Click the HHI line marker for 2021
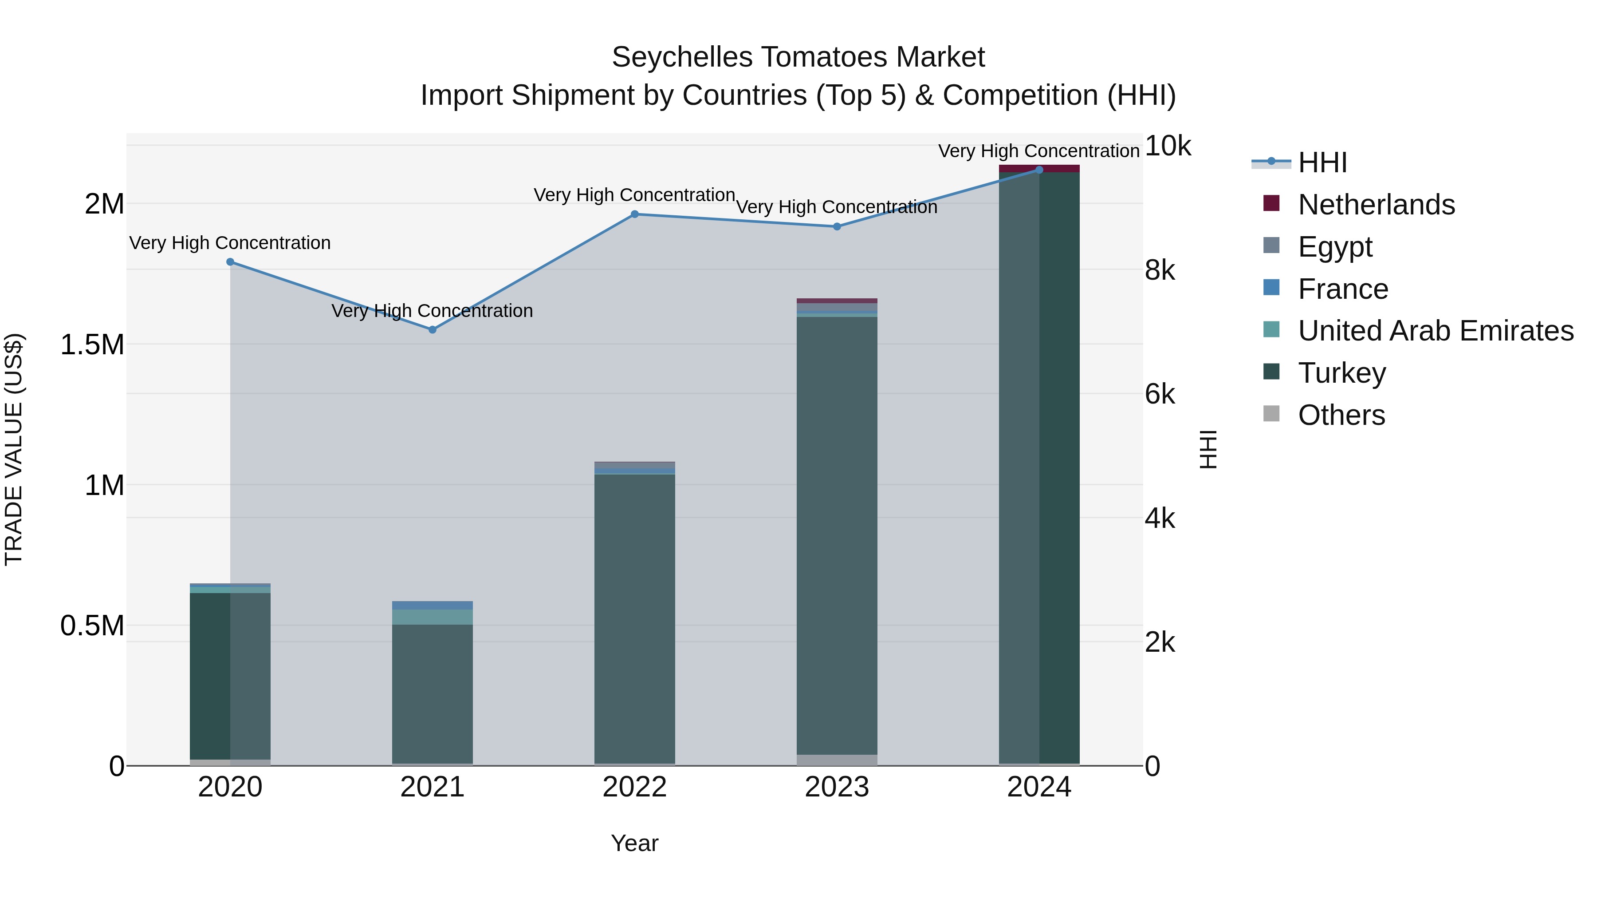pyautogui.click(x=432, y=329)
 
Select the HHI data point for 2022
pyautogui.click(x=634, y=214)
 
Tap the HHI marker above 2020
pyautogui.click(x=230, y=262)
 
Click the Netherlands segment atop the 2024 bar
pyautogui.click(x=1039, y=168)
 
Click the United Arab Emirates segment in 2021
pyautogui.click(x=432, y=617)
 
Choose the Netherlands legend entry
pyautogui.click(x=1376, y=205)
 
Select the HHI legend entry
pyautogui.click(x=1322, y=162)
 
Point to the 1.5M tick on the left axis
pyautogui.click(x=92, y=345)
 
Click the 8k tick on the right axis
pyautogui.click(x=1159, y=270)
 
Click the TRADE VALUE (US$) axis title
pyautogui.click(x=14, y=449)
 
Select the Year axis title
pyautogui.click(x=634, y=843)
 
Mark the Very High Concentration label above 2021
pyautogui.click(x=432, y=311)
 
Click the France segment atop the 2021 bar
pyautogui.click(x=432, y=605)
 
